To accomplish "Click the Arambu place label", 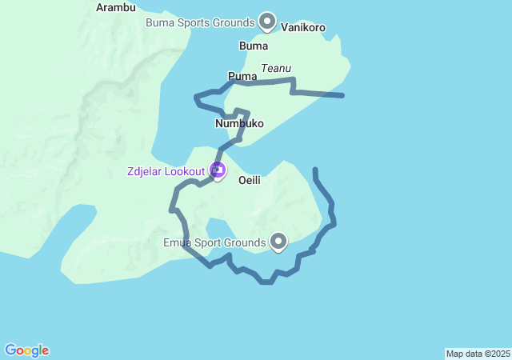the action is click(116, 7).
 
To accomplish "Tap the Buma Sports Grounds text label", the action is click(200, 22).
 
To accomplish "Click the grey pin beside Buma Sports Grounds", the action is click(267, 22).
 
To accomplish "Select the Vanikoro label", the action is click(303, 27).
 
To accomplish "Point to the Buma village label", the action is click(254, 46).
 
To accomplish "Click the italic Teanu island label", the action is click(276, 69).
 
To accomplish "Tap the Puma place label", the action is click(242, 76).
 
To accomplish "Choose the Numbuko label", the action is click(239, 124).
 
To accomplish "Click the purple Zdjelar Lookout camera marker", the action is click(217, 170).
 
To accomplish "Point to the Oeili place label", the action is click(250, 181).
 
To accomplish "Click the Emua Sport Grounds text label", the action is click(214, 242).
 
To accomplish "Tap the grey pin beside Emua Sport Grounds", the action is click(278, 240).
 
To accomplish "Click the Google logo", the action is click(26, 350).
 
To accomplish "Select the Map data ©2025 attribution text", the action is click(478, 354).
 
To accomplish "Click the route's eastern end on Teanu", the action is click(343, 96).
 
